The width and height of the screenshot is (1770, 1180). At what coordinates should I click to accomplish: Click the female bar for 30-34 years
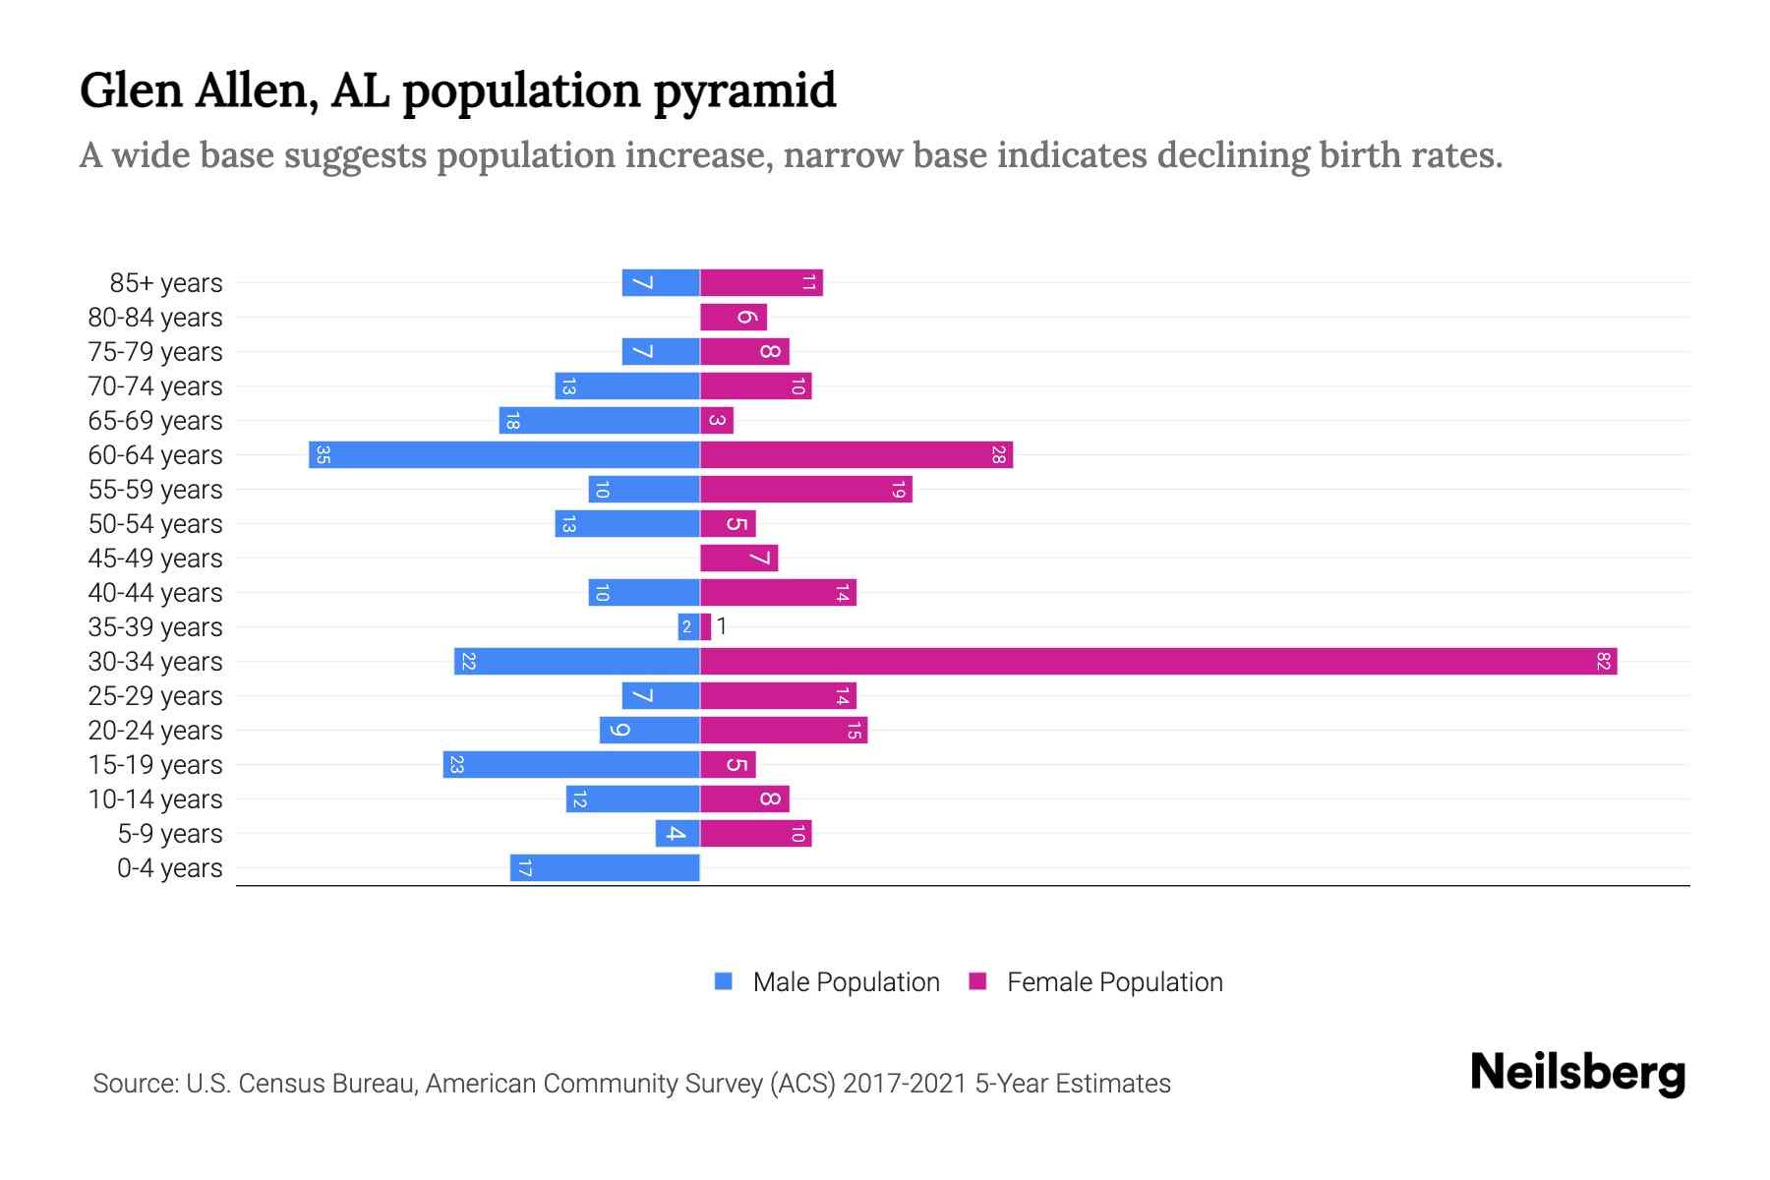(1158, 662)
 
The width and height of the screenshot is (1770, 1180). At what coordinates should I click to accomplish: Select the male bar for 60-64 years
(504, 455)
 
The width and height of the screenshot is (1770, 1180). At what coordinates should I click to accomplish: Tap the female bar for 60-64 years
(856, 455)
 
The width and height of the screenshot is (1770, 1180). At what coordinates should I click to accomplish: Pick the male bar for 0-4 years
(605, 868)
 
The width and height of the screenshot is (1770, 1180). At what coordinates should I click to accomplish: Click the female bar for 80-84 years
(734, 318)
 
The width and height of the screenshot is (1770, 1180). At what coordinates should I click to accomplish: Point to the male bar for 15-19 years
(571, 765)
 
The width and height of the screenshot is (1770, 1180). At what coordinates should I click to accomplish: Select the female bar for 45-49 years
(738, 559)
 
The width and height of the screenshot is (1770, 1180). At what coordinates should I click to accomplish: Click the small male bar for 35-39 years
(688, 627)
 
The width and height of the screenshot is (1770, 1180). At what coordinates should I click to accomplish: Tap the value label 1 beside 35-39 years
(722, 626)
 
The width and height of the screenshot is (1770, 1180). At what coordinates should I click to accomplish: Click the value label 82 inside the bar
(1603, 662)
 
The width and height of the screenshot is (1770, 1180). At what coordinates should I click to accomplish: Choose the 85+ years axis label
(166, 283)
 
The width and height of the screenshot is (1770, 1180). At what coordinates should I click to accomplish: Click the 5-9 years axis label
(170, 834)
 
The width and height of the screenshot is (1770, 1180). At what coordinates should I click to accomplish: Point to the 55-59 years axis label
(155, 490)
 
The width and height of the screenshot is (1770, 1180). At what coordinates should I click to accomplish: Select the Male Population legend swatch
(724, 981)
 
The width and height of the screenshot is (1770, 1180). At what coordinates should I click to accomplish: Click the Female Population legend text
(1114, 982)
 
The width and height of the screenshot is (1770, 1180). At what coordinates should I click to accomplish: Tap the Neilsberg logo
(1577, 1073)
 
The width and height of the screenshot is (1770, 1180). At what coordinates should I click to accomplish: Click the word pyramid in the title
(744, 91)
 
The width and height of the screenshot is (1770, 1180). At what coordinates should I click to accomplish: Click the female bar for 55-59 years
(806, 490)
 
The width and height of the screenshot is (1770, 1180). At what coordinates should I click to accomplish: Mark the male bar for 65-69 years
(599, 421)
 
